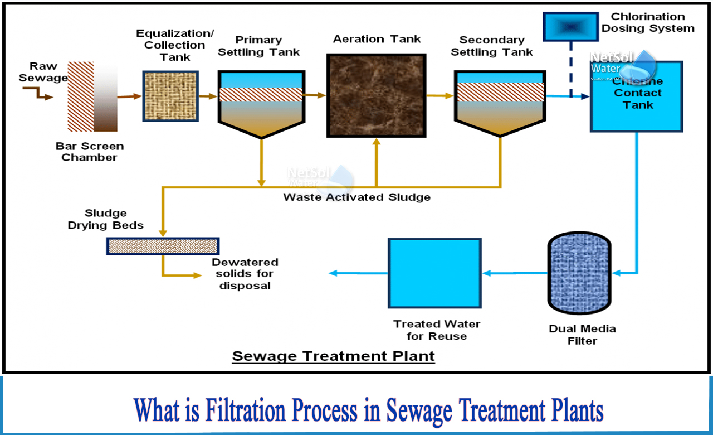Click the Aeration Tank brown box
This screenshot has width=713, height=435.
click(x=377, y=95)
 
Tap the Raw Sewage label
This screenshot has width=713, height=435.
click(x=43, y=72)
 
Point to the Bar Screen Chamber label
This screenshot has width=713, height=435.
click(x=89, y=152)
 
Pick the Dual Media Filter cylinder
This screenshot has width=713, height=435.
click(x=580, y=273)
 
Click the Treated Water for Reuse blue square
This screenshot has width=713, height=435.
click(x=434, y=273)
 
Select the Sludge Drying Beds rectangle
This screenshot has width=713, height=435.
click(x=162, y=246)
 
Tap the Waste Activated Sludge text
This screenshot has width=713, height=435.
click(x=356, y=197)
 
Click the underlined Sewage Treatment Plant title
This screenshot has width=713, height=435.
click(x=333, y=355)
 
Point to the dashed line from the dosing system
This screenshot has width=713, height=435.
click(x=570, y=67)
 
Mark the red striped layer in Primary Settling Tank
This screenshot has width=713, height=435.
click(x=261, y=95)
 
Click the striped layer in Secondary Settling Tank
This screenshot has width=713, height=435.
click(x=500, y=92)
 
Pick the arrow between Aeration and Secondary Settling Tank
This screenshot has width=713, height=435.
click(x=439, y=96)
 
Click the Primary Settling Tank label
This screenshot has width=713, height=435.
click(x=258, y=46)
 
